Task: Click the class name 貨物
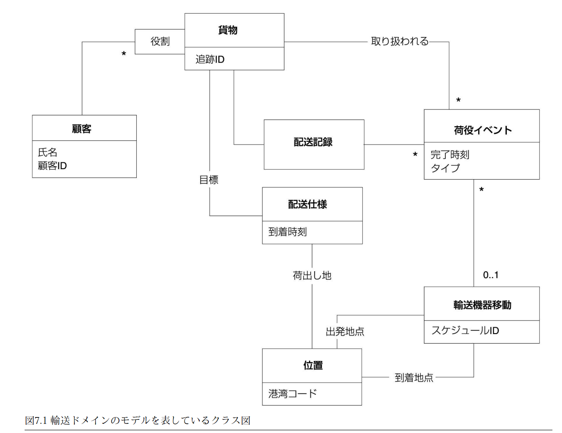(x=228, y=31)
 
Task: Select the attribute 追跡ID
(x=210, y=59)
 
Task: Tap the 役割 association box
(x=160, y=41)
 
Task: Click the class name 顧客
(x=82, y=129)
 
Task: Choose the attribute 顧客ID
(x=52, y=166)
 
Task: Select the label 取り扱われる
(x=400, y=41)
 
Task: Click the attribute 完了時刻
(x=450, y=155)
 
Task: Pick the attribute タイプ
(x=445, y=168)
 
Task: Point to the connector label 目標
(x=209, y=180)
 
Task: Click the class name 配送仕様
(x=307, y=204)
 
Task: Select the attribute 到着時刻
(x=288, y=232)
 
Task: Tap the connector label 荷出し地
(x=312, y=275)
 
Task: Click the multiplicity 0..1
(x=490, y=275)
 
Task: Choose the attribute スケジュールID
(x=465, y=330)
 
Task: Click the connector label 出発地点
(x=345, y=331)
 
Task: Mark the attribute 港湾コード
(x=292, y=393)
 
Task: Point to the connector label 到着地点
(x=414, y=377)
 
